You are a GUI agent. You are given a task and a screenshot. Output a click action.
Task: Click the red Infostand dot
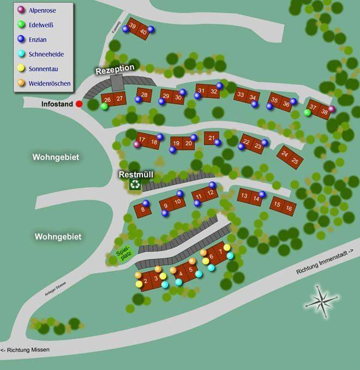point(79,104)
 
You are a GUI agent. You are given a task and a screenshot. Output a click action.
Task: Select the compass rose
point(322,301)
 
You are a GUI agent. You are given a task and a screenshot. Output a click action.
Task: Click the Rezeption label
point(115,69)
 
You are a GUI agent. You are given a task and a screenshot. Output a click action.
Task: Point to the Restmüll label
point(136,175)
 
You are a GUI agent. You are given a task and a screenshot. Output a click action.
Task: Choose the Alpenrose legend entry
point(38,10)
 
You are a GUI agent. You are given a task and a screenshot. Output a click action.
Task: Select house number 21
point(212,138)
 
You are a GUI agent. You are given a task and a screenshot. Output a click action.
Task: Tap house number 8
point(143,208)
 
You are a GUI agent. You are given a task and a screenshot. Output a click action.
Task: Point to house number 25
point(295,160)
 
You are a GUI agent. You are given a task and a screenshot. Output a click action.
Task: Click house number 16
point(289,208)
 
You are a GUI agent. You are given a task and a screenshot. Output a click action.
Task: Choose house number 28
point(144,95)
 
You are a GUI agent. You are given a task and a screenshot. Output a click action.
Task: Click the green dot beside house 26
point(104,106)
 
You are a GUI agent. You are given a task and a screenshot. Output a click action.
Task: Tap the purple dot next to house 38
point(332,109)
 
